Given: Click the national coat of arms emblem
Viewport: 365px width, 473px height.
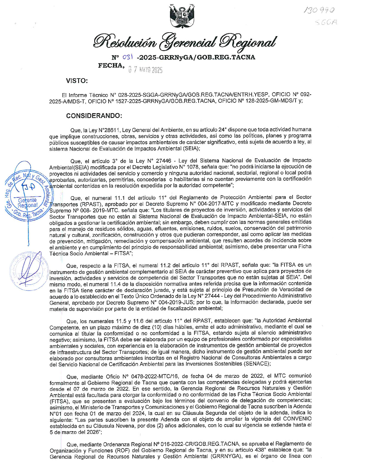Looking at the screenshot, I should (182, 16).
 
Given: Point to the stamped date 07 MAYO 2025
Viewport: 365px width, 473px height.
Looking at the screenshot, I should (145, 70).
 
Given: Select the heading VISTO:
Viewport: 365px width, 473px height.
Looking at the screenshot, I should (77, 81).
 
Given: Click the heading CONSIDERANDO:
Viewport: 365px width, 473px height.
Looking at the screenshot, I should (94, 116).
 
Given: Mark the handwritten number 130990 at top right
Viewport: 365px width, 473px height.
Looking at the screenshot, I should (319, 10).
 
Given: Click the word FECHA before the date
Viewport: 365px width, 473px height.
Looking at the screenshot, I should (110, 65).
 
